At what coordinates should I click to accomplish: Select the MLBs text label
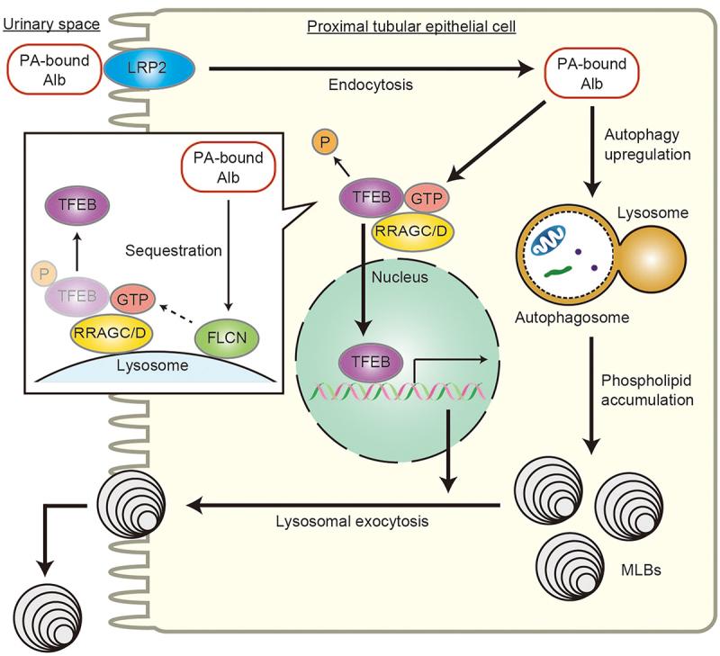643,570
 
